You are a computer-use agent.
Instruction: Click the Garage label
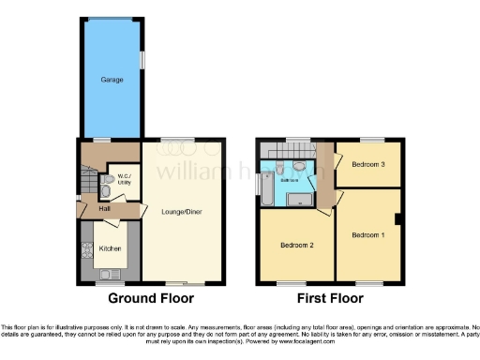point(112,80)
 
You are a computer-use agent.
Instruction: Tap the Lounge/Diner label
point(182,212)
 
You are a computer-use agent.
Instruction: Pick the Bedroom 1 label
point(367,234)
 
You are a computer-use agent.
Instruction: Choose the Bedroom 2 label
point(296,246)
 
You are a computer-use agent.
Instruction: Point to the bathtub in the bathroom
point(265,187)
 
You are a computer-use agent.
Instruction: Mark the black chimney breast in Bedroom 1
point(399,219)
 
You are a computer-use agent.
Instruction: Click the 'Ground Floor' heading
point(151,299)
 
